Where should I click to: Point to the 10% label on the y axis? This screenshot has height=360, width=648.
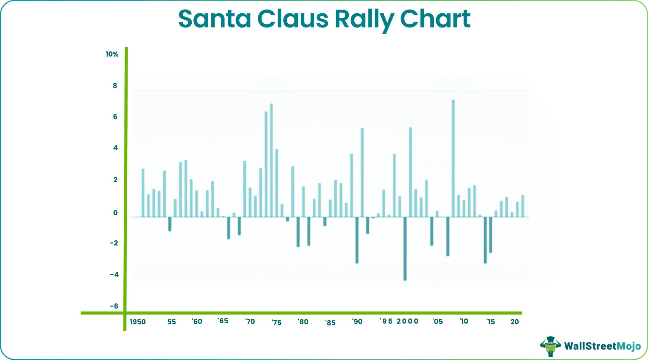click(x=112, y=54)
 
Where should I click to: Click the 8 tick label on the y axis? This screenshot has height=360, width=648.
click(x=115, y=86)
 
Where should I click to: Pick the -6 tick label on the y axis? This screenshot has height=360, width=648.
click(x=114, y=306)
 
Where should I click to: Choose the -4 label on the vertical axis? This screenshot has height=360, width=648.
click(x=114, y=274)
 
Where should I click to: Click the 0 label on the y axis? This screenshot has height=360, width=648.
click(x=115, y=213)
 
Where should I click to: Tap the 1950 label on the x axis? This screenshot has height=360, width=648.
click(x=138, y=322)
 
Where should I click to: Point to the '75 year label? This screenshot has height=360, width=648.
click(x=276, y=323)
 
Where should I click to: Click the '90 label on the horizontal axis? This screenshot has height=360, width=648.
click(x=357, y=322)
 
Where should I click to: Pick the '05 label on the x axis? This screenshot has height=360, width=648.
click(x=437, y=322)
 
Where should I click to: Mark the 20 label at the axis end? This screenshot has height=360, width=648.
click(x=514, y=322)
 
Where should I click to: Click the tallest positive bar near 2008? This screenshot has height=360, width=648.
click(x=453, y=158)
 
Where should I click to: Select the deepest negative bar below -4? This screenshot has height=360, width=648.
click(x=405, y=249)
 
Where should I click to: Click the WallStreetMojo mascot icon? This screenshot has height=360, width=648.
click(x=550, y=346)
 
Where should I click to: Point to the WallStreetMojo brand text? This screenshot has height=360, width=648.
click(x=602, y=346)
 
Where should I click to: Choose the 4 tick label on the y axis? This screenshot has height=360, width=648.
click(x=115, y=148)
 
